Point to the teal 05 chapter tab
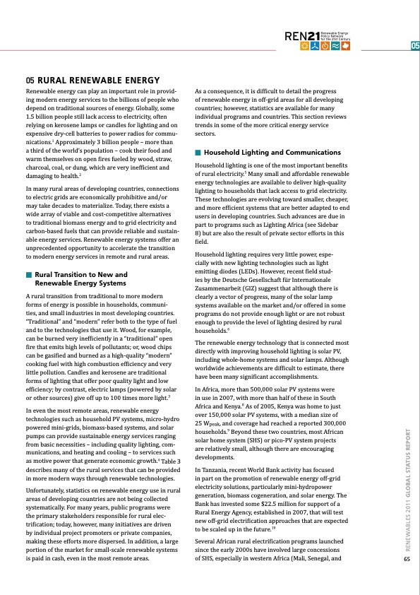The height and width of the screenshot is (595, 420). click(414, 47)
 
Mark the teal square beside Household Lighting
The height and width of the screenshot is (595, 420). click(198, 153)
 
